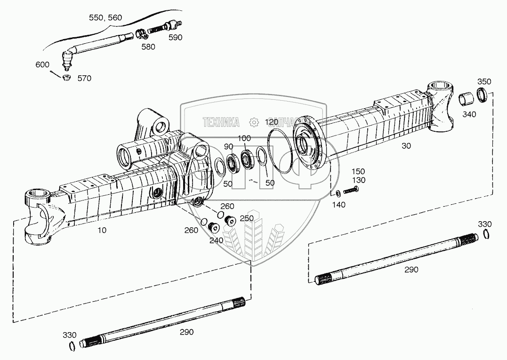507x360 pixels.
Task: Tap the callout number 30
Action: coord(406,146)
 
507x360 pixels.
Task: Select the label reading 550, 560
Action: coord(105,18)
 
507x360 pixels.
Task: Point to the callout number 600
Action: coord(42,64)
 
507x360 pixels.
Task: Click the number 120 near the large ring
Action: coord(272,121)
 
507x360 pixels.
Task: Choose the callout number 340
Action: coord(469,114)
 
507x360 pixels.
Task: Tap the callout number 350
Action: coord(484,81)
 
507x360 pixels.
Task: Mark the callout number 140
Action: coord(338,205)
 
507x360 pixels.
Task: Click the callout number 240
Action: coord(216,240)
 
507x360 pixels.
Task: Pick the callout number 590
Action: coord(175,37)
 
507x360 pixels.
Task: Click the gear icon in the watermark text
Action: coord(254,122)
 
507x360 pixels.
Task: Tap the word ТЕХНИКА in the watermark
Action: coord(221,122)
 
